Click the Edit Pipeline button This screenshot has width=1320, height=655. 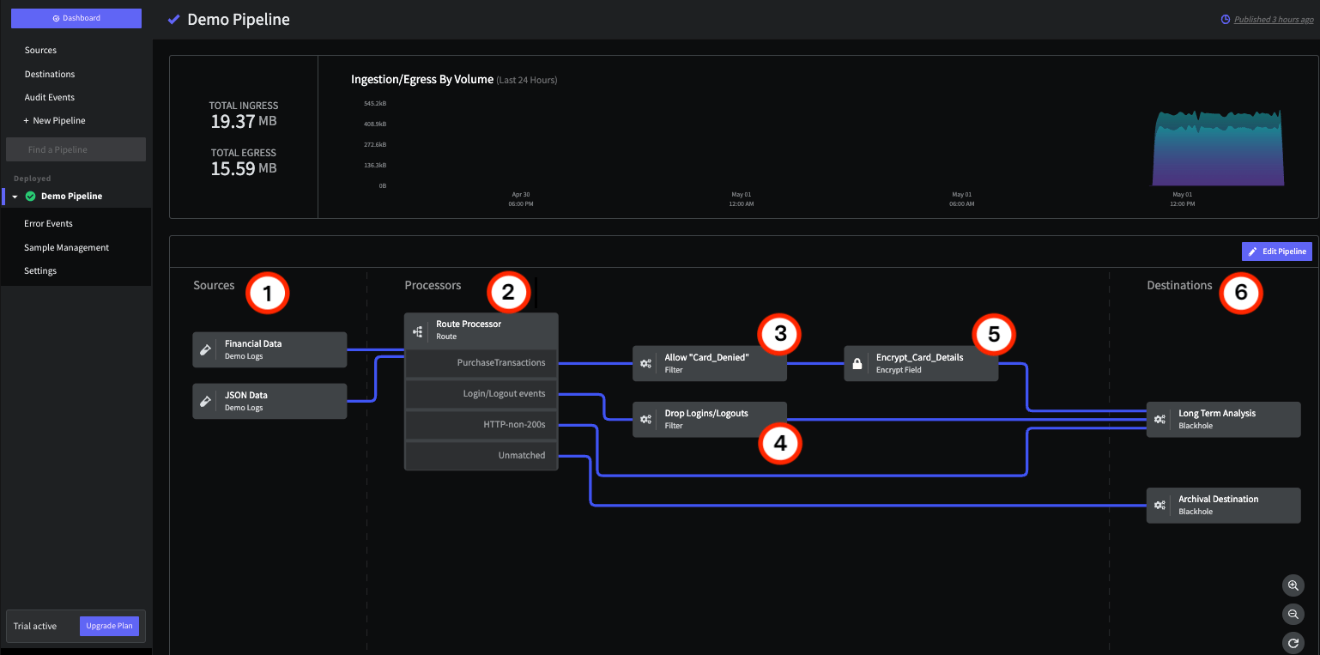click(x=1276, y=252)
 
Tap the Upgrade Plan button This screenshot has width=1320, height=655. click(x=109, y=626)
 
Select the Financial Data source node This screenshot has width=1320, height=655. click(x=269, y=349)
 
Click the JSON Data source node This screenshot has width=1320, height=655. click(x=269, y=401)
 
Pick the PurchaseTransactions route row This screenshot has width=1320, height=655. click(x=481, y=362)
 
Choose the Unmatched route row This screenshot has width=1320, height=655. click(x=481, y=455)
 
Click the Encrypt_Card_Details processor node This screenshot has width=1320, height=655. click(x=921, y=363)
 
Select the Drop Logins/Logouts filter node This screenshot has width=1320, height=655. click(x=710, y=419)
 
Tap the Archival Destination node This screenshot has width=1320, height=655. click(x=1223, y=506)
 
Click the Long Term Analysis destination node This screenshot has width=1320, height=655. click(x=1223, y=419)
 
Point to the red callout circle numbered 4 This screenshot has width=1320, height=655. click(x=780, y=443)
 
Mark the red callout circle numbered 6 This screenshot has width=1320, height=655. click(x=1241, y=293)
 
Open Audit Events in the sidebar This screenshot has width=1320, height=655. click(x=50, y=97)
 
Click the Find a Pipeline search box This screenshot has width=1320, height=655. click(x=76, y=149)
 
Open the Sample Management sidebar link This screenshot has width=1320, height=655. click(x=67, y=247)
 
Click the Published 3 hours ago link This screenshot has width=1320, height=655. click(x=1274, y=20)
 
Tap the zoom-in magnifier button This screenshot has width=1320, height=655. click(x=1293, y=585)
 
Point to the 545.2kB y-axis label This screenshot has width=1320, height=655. click(x=375, y=104)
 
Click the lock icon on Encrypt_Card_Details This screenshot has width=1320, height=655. click(x=857, y=364)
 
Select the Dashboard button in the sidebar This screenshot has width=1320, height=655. click(x=76, y=18)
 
